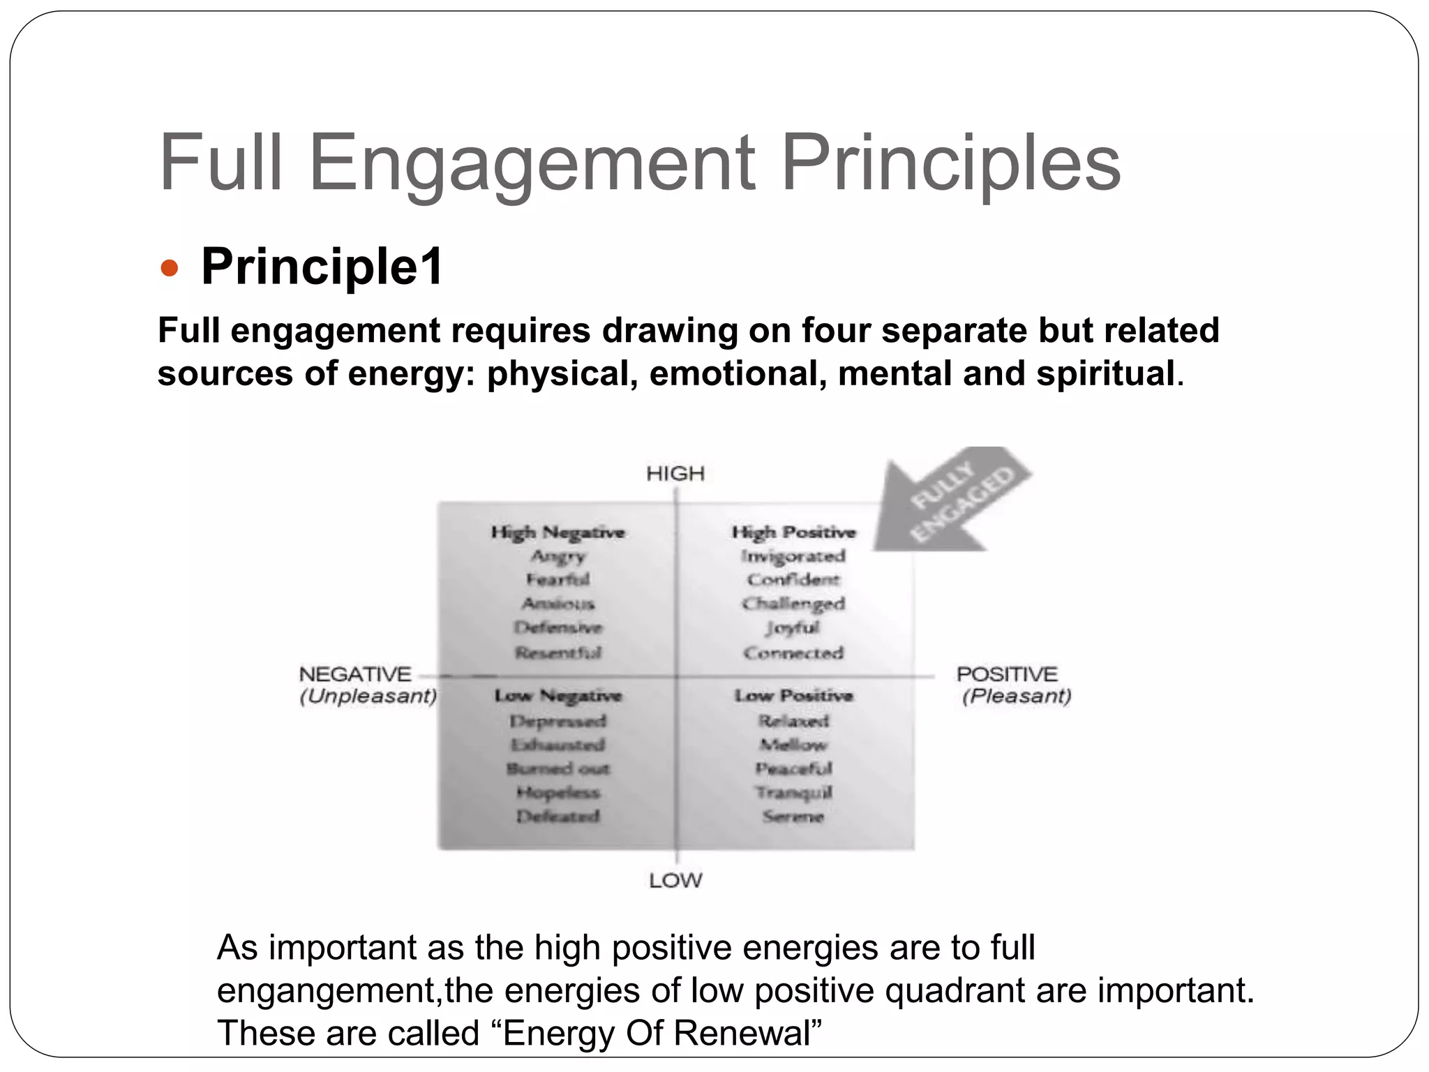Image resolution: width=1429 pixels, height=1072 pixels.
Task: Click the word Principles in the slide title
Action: [x=950, y=164]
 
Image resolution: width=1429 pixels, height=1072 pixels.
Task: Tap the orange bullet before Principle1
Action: [x=170, y=268]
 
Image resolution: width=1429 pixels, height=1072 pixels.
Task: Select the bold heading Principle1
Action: [x=322, y=267]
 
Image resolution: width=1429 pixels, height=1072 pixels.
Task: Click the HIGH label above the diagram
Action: [x=675, y=474]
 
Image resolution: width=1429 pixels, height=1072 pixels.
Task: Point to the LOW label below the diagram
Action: [x=675, y=881]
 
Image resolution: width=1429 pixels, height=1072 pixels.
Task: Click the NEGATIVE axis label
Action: [x=355, y=674]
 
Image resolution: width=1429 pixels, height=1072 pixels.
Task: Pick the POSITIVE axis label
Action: [x=1007, y=674]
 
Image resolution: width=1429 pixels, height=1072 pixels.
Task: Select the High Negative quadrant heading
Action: [x=558, y=533]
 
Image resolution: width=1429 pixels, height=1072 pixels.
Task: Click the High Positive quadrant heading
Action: [x=793, y=533]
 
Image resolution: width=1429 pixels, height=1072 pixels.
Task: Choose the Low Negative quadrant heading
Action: [x=558, y=696]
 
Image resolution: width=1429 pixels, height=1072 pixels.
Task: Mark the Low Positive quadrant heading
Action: [x=793, y=696]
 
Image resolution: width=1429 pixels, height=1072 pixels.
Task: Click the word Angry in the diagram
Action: [x=558, y=556]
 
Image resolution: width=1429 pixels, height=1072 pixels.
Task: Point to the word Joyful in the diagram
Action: [x=793, y=628]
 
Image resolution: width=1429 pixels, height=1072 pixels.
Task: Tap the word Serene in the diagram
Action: [x=793, y=816]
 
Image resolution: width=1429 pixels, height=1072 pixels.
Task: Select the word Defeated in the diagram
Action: [x=558, y=816]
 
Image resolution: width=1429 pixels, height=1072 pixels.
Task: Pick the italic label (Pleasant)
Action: [x=1017, y=697]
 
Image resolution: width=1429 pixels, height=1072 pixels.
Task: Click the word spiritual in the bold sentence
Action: [x=1105, y=373]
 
